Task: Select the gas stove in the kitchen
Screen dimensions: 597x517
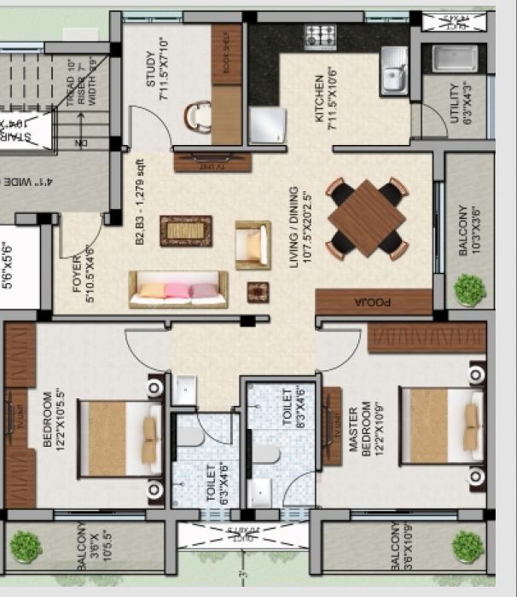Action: [x=321, y=37]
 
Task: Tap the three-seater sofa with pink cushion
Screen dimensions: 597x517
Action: [x=178, y=290]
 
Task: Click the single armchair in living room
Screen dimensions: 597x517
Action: [x=253, y=242]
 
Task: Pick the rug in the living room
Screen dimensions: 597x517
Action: [x=186, y=230]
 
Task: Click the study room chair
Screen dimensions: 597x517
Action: [x=198, y=117]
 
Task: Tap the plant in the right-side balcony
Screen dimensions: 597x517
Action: [x=469, y=290]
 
